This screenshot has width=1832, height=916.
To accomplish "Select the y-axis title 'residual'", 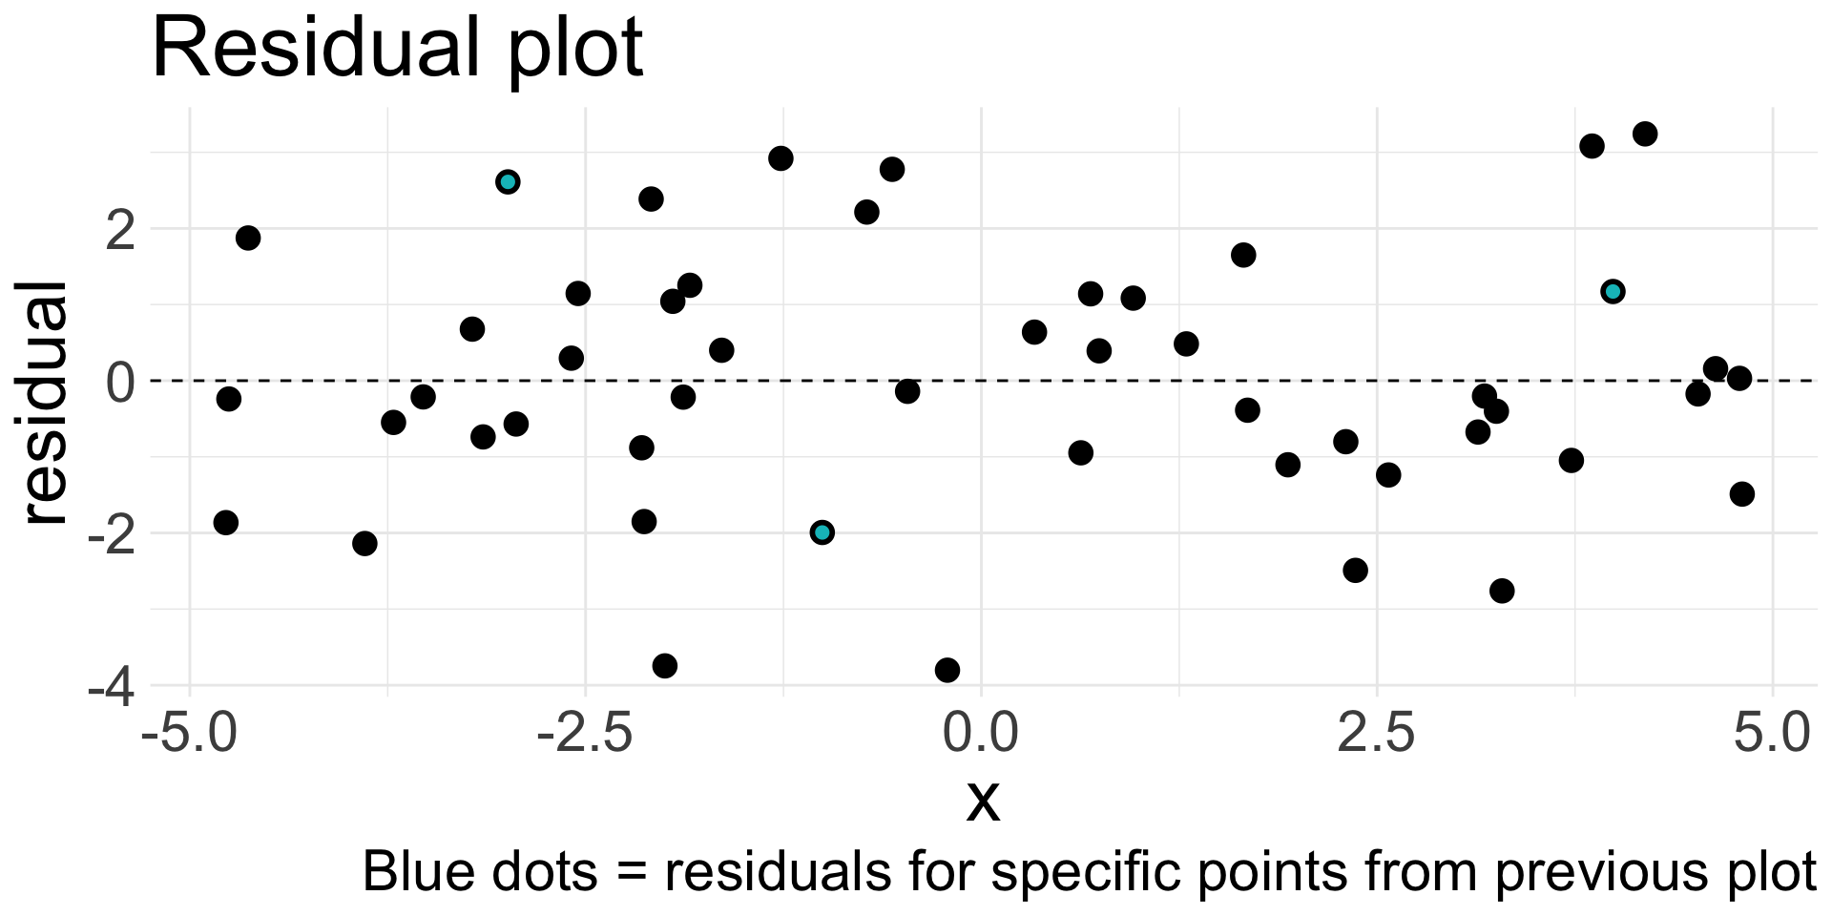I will pos(46,402).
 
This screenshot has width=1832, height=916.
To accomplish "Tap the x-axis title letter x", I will pos(983,800).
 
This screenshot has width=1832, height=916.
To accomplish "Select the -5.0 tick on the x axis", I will pos(188,736).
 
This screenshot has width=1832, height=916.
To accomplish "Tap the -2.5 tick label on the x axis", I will pos(584,736).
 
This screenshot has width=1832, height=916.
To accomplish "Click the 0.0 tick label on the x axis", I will pos(982,736).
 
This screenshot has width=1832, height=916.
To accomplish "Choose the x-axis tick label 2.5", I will pos(1377,736).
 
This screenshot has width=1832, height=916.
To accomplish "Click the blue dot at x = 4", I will pos(1613,291).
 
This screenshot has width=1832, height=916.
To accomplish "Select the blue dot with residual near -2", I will pos(822,532).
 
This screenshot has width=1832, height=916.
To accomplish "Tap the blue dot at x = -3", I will pos(508,181).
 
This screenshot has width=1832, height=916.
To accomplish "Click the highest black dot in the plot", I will pos(1645,134).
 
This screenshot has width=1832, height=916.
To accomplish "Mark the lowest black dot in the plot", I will pos(947,670).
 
